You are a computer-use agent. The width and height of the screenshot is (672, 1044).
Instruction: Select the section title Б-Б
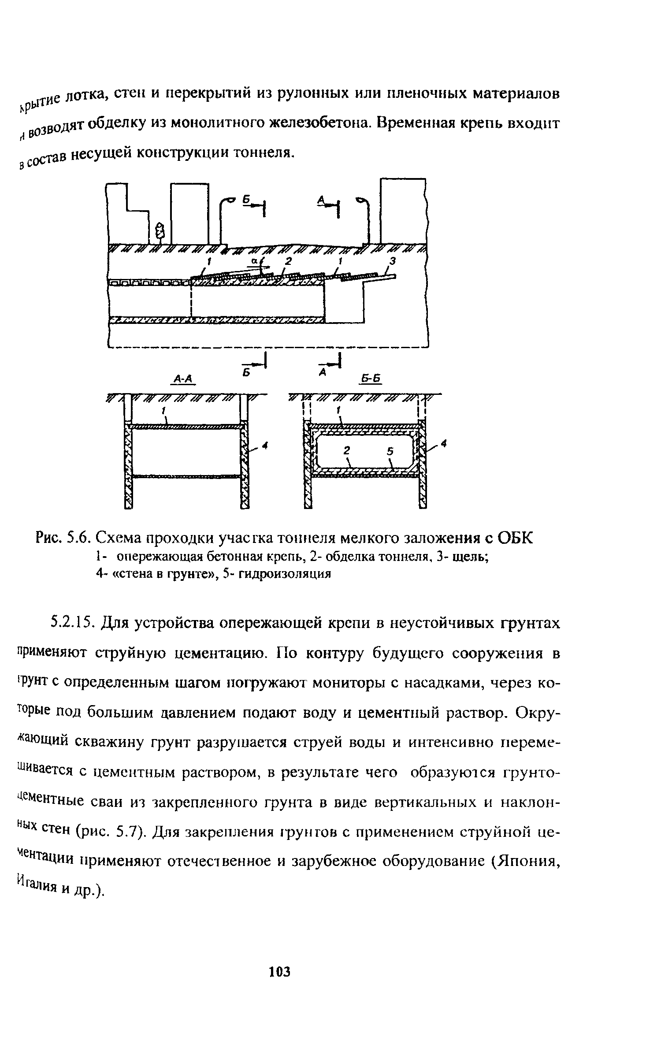(371, 379)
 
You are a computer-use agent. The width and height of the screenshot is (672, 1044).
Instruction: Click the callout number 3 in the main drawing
(394, 262)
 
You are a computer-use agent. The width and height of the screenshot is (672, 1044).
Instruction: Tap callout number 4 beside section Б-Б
(444, 446)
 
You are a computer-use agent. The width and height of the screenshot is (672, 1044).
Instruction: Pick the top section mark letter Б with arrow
(247, 201)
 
